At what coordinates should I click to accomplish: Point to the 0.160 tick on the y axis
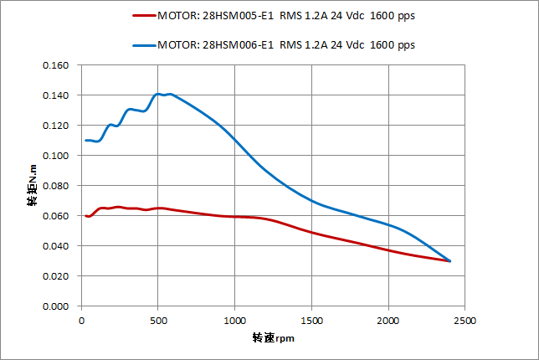(55, 65)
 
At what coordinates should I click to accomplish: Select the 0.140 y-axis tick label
(55, 95)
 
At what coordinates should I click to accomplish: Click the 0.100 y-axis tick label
(55, 156)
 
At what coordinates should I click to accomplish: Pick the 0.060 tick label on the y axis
(55, 216)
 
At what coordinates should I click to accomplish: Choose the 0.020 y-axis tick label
(55, 276)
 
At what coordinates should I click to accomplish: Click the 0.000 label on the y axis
(55, 306)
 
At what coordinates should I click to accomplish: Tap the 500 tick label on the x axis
(157, 321)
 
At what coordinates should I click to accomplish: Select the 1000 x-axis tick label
(234, 321)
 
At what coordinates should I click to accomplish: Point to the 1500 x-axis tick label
(311, 321)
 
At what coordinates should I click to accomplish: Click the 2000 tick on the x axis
(388, 321)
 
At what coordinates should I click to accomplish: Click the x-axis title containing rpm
(273, 339)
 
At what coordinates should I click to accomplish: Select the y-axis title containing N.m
(32, 186)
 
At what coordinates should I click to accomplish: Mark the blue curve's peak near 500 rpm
(159, 94)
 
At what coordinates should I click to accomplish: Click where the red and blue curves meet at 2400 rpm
(449, 261)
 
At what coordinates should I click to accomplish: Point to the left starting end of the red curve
(86, 216)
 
